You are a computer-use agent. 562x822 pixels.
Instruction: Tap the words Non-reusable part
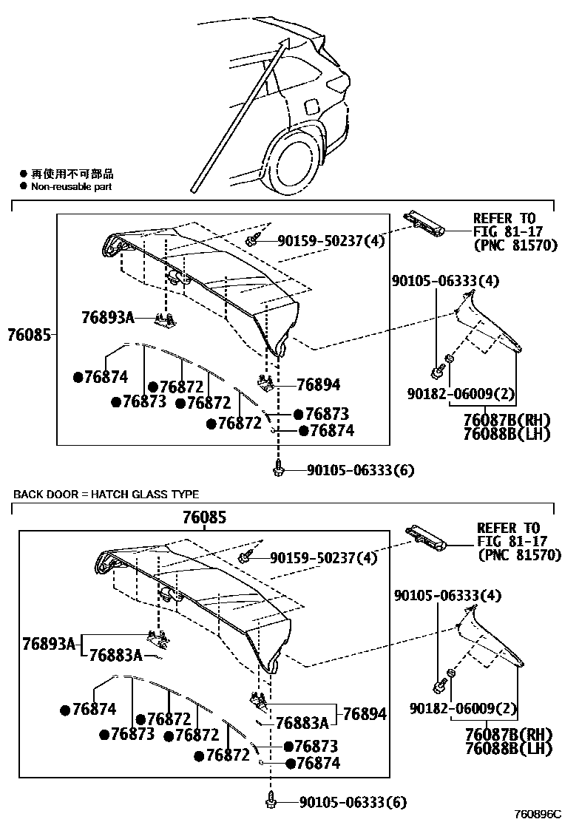pos(71,187)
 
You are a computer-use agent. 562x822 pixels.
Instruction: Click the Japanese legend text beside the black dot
pos(72,174)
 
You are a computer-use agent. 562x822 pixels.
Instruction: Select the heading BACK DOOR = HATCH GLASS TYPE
pos(106,495)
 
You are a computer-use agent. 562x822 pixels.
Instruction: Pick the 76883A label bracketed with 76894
pos(302,722)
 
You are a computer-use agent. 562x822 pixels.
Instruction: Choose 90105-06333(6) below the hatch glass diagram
pos(353,802)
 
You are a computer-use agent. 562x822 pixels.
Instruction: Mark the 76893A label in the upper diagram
pos(108,318)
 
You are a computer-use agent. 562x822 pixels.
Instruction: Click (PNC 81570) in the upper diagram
pos(515,245)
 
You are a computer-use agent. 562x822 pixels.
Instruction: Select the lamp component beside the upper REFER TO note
pos(424,223)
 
